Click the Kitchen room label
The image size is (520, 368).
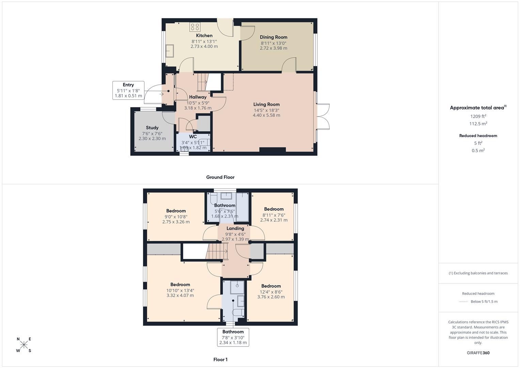204,35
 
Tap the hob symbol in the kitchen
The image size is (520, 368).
195,27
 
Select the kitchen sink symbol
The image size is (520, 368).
170,51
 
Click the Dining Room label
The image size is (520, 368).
273,37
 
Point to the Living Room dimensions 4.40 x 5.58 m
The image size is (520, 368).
266,115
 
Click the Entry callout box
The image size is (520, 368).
128,90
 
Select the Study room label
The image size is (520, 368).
152,128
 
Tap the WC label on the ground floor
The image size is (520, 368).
193,137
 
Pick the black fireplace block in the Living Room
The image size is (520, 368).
272,150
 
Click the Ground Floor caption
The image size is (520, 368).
220,177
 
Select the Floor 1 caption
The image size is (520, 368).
220,359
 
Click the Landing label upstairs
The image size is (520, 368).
235,228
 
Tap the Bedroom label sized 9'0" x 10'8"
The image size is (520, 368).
176,211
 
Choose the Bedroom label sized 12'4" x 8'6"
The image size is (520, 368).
271,286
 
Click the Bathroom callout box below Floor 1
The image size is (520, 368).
233,337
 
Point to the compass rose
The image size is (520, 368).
24,345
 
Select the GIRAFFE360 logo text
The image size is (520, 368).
478,353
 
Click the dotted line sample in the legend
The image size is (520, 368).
463,302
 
